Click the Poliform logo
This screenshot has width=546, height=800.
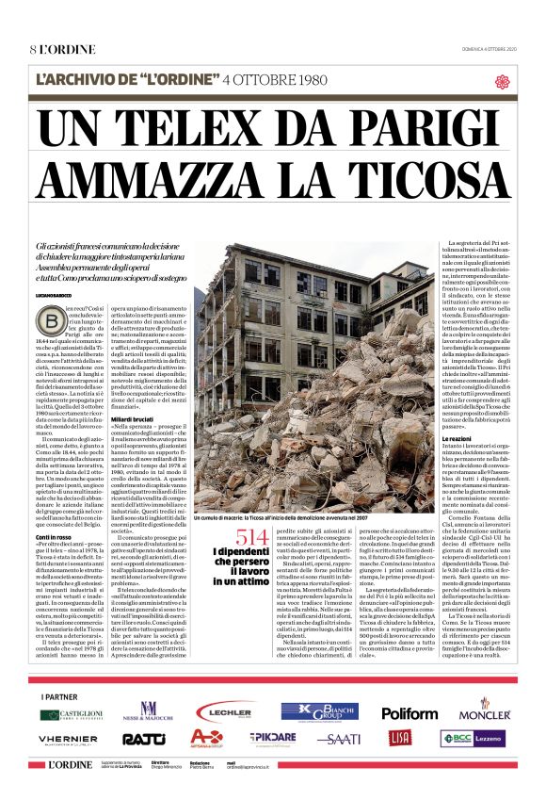[409, 713]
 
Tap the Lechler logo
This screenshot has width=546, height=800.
[224, 713]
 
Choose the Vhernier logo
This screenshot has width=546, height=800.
[69, 740]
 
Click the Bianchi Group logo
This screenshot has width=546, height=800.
[319, 712]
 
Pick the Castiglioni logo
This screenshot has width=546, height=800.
[72, 714]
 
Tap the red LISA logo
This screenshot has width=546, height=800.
[400, 738]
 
